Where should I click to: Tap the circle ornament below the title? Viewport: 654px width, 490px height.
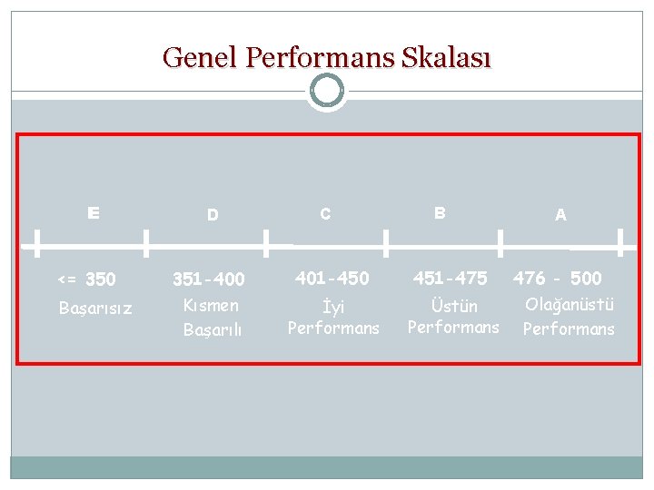(x=326, y=91)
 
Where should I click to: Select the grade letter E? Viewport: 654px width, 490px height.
(x=94, y=213)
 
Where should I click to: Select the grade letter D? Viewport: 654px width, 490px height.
(x=213, y=215)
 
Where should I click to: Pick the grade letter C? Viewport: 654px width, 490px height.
(x=325, y=214)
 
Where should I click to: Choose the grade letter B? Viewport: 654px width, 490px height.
(x=440, y=213)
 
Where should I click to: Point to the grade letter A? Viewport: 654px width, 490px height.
(x=560, y=215)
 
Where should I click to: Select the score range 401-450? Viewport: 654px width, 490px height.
(x=332, y=278)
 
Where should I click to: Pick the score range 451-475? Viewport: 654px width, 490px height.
(x=451, y=278)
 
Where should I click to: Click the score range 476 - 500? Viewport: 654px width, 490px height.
(x=558, y=278)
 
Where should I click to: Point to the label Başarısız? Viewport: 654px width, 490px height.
(x=95, y=309)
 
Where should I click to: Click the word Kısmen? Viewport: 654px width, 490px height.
(x=211, y=306)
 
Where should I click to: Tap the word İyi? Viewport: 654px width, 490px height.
(x=333, y=307)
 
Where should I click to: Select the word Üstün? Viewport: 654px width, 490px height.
(x=454, y=306)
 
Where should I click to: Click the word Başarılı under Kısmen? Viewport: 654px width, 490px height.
(x=213, y=329)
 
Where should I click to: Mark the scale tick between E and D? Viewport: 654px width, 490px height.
(x=146, y=243)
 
